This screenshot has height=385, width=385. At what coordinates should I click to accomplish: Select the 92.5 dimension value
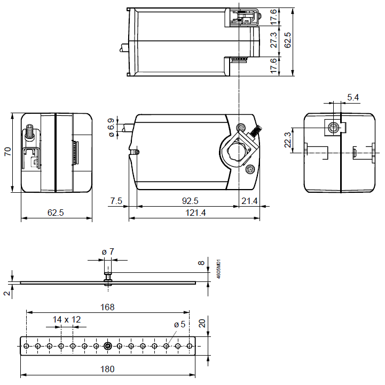(x=186, y=201)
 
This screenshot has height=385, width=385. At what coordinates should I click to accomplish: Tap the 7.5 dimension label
(x=116, y=201)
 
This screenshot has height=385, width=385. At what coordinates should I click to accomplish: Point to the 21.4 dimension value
(x=249, y=201)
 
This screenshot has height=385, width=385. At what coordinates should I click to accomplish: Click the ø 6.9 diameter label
(x=112, y=128)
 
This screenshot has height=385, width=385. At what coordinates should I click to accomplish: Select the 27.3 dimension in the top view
(x=274, y=41)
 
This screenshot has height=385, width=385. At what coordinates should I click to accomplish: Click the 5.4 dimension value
(x=353, y=97)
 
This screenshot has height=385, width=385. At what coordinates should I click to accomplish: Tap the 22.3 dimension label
(x=287, y=140)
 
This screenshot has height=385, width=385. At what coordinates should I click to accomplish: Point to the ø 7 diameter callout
(x=108, y=252)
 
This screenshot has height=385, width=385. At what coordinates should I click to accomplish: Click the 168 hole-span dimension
(x=107, y=307)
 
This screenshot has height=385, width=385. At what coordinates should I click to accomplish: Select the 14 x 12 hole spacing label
(x=67, y=319)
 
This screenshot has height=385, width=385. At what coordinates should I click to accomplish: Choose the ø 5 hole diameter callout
(x=180, y=324)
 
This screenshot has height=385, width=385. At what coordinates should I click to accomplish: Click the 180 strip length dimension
(x=107, y=369)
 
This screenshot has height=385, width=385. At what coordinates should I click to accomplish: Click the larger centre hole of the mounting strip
(x=108, y=346)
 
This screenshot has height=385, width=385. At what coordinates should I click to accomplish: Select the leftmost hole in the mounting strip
(x=26, y=346)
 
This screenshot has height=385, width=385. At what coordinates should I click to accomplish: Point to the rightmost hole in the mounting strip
(x=190, y=346)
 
